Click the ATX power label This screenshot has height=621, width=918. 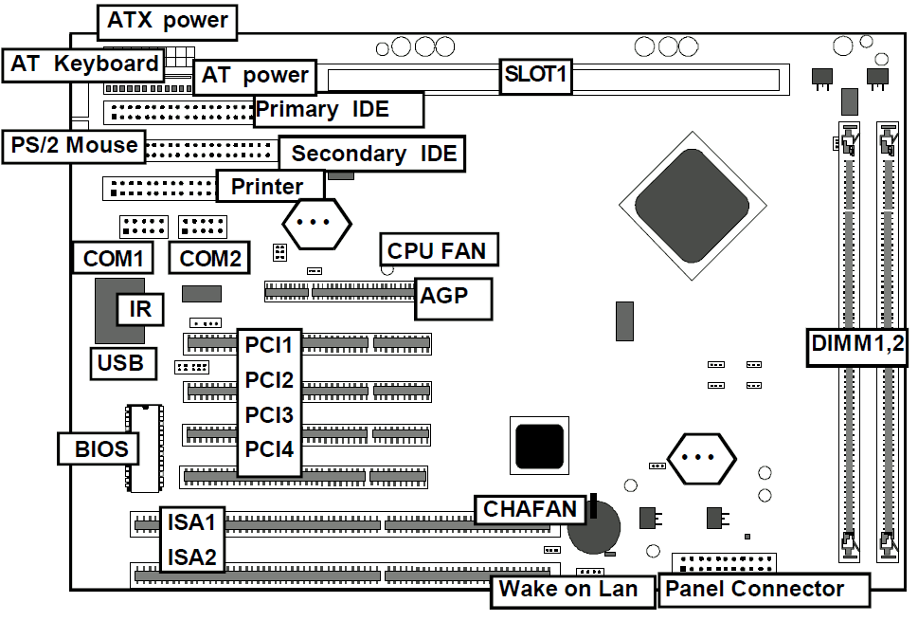pos(168,21)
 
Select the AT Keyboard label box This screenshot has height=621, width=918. pos(84,64)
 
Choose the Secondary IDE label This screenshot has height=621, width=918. pos(372,154)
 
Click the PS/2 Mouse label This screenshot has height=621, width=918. pos(74,145)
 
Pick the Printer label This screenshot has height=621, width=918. pos(269,187)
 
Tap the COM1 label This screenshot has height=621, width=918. pos(113,258)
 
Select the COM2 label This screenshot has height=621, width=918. pos(209,258)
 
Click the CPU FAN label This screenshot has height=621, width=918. pos(438,250)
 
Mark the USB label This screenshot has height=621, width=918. pos(122,362)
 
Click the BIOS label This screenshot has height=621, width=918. pos(99,447)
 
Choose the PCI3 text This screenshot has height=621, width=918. pos(269,415)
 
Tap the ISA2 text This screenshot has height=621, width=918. pos(192,557)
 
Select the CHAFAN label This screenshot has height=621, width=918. pos(530,509)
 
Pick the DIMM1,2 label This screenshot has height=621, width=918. pos(857,345)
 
